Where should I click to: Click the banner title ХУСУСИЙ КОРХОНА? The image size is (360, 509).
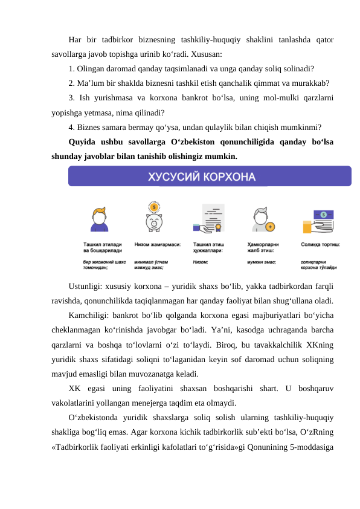202,177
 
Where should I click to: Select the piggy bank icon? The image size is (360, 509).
154,219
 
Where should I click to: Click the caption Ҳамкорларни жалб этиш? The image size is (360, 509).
264,247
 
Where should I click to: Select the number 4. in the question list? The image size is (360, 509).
72,128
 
